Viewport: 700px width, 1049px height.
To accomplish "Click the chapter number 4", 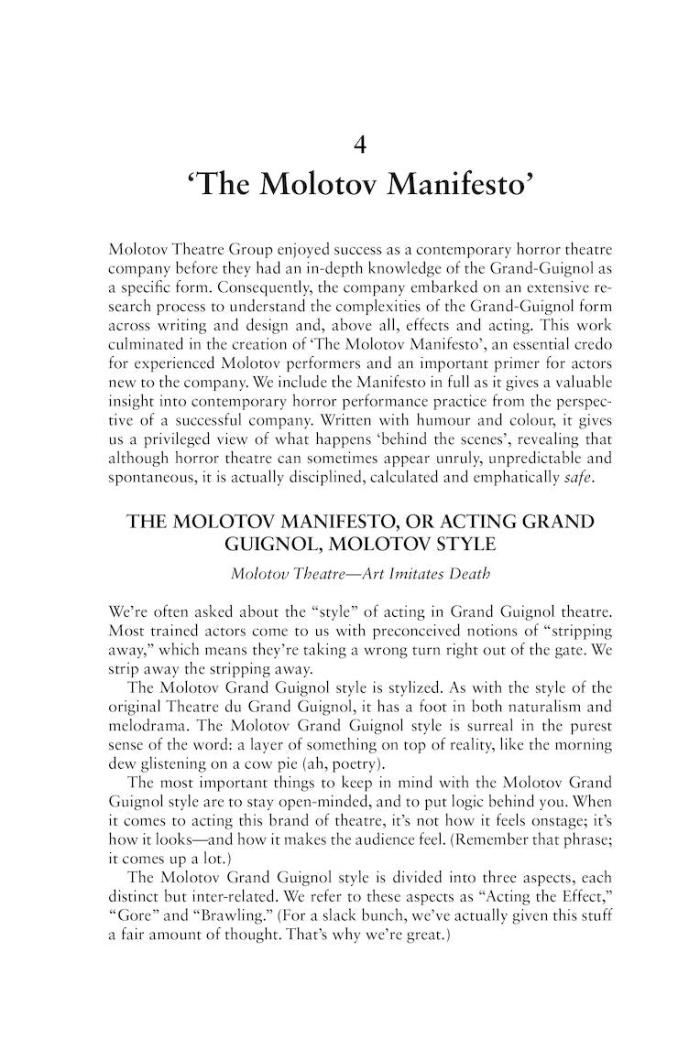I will (x=359, y=144).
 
